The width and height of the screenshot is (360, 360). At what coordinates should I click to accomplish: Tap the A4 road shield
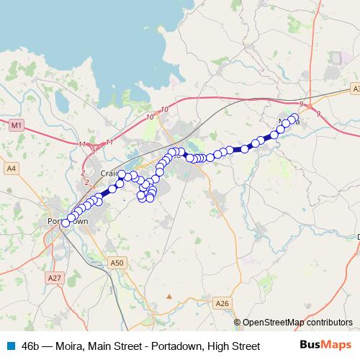[11, 168]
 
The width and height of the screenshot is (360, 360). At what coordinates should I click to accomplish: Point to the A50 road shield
[117, 263]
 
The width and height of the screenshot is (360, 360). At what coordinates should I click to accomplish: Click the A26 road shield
[222, 305]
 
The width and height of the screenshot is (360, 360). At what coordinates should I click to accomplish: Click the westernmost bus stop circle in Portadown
[66, 223]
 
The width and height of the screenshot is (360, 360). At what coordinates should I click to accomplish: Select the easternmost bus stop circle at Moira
[294, 117]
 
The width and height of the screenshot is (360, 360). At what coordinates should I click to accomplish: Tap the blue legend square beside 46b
[11, 346]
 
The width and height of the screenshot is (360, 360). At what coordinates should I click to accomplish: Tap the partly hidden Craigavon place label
[109, 174]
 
